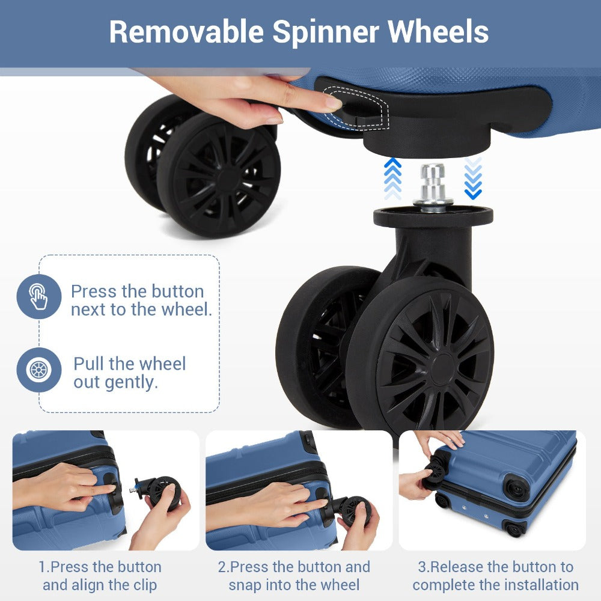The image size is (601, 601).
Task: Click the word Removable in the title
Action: pos(186,31)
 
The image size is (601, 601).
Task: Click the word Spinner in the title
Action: pos(325,32)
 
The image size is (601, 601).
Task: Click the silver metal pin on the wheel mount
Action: pos(433,188)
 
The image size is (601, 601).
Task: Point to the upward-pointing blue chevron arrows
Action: pos(392,178)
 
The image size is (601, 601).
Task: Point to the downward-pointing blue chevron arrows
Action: pos(473,178)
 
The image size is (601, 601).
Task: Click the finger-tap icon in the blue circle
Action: pos(38,296)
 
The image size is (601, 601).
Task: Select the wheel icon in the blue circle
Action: pos(38,370)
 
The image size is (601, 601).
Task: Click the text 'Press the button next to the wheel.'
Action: pos(141,300)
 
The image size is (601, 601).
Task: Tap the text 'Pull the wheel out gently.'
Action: pos(130,373)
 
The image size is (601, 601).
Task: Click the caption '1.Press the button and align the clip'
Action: pos(100,576)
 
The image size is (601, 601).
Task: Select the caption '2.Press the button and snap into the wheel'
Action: pos(294,576)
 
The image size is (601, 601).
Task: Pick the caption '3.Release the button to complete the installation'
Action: pos(496,576)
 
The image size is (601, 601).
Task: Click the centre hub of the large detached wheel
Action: pos(443,369)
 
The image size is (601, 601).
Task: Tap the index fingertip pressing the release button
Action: pos(333,102)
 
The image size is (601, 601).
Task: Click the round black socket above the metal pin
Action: pos(427,142)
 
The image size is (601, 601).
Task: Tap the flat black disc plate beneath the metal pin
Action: pos(433,216)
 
